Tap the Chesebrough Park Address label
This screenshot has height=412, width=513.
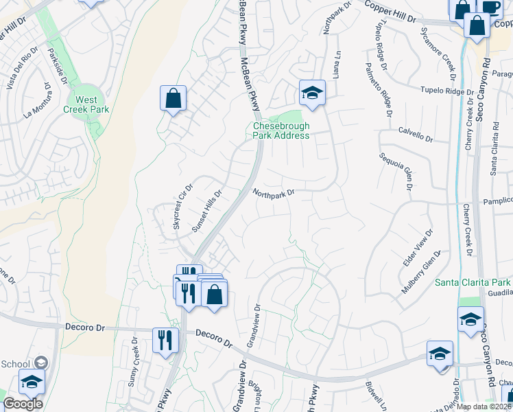[281, 130]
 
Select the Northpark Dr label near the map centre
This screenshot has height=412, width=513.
[273, 194]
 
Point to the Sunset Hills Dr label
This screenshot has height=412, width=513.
[208, 211]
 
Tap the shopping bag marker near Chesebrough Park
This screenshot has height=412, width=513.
[174, 98]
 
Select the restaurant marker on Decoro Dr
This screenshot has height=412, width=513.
[165, 341]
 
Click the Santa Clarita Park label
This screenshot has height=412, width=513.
[473, 282]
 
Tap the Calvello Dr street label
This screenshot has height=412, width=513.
[416, 133]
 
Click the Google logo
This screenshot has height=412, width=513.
[23, 404]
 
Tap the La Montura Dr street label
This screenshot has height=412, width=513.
[38, 103]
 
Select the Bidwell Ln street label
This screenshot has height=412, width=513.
[382, 393]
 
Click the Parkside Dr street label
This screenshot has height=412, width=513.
[58, 66]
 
